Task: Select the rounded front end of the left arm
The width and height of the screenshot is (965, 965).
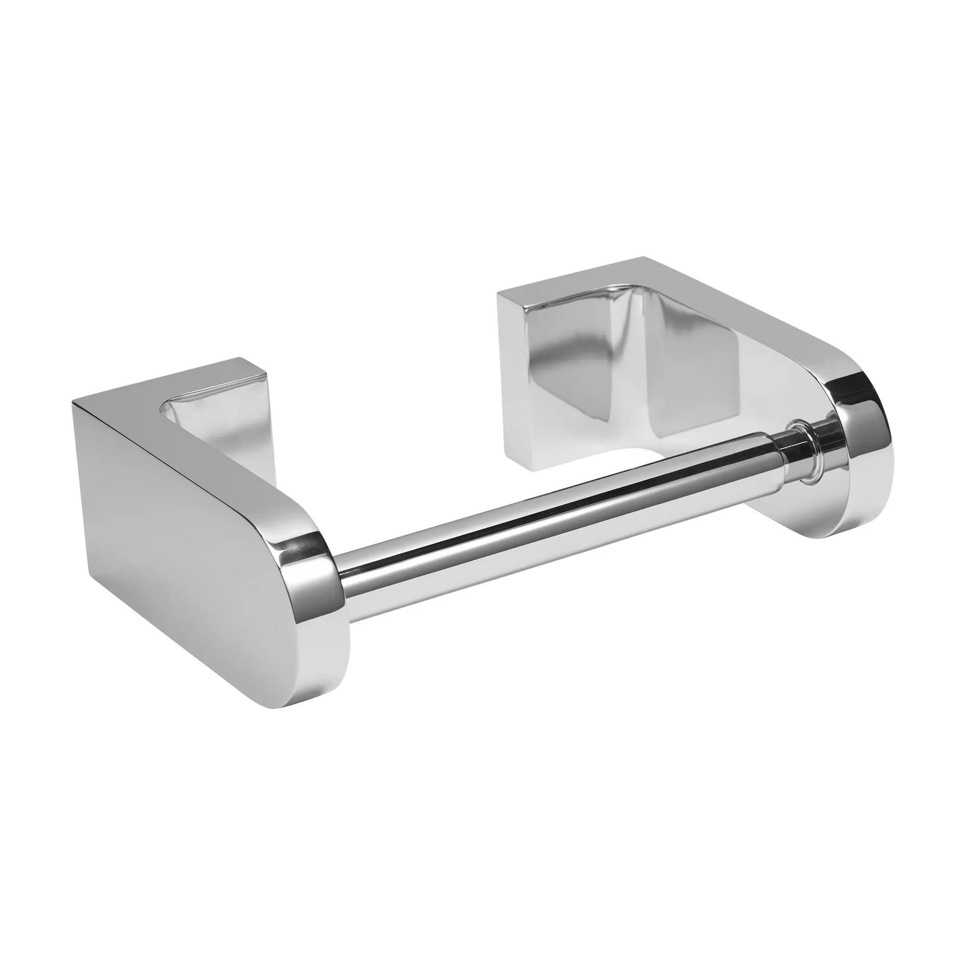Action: coord(320,620)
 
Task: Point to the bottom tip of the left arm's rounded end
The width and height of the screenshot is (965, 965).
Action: coord(295,705)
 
